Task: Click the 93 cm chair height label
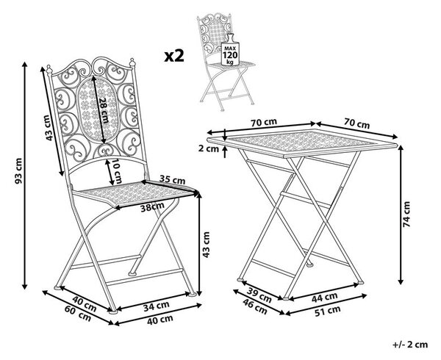click(x=18, y=171)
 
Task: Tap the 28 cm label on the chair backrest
click(x=104, y=110)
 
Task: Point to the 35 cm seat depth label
click(x=173, y=180)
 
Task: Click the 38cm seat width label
click(x=152, y=206)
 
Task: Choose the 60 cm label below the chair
click(x=78, y=314)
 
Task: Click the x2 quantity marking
click(x=174, y=56)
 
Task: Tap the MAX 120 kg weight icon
click(x=230, y=51)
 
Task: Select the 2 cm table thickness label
click(x=209, y=148)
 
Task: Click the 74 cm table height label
click(x=406, y=214)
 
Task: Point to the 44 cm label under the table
click(x=324, y=297)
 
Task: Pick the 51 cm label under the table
click(x=327, y=311)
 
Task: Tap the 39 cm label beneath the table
click(x=259, y=295)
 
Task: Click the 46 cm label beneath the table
click(x=255, y=306)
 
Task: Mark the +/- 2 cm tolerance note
click(x=410, y=345)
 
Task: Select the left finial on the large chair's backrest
click(x=49, y=70)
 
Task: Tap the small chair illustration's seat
click(x=231, y=65)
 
